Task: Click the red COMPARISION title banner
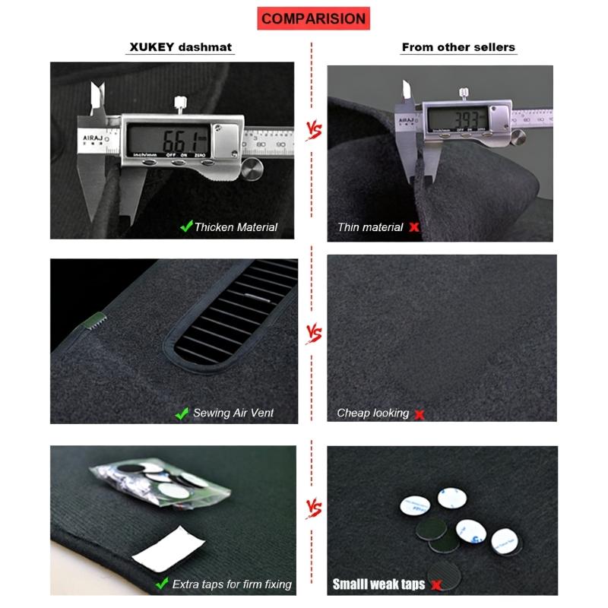click(312, 17)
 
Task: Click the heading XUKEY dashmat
click(179, 47)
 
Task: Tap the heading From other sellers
click(458, 47)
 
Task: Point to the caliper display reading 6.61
click(168, 140)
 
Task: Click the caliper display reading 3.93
click(458, 119)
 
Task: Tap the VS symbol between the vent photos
click(312, 334)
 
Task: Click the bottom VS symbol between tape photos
click(312, 508)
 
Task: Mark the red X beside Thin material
click(414, 226)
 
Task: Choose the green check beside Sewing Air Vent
click(182, 413)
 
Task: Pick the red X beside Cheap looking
click(419, 414)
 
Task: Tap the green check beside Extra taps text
click(162, 584)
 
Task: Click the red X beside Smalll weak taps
click(436, 584)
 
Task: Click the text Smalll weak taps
click(378, 584)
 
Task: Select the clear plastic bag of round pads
click(160, 483)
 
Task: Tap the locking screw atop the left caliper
click(180, 102)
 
